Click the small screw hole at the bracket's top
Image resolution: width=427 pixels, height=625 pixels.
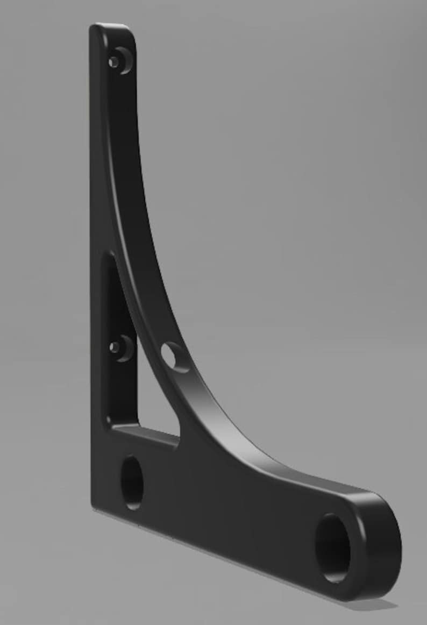(x=113, y=62)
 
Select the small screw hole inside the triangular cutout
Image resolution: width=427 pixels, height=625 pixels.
(x=114, y=347)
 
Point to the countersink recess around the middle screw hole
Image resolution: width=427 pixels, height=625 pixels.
(x=125, y=348)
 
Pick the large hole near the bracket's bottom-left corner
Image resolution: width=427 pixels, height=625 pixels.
(x=132, y=482)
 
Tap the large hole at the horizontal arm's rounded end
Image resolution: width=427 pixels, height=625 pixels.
(x=333, y=548)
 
